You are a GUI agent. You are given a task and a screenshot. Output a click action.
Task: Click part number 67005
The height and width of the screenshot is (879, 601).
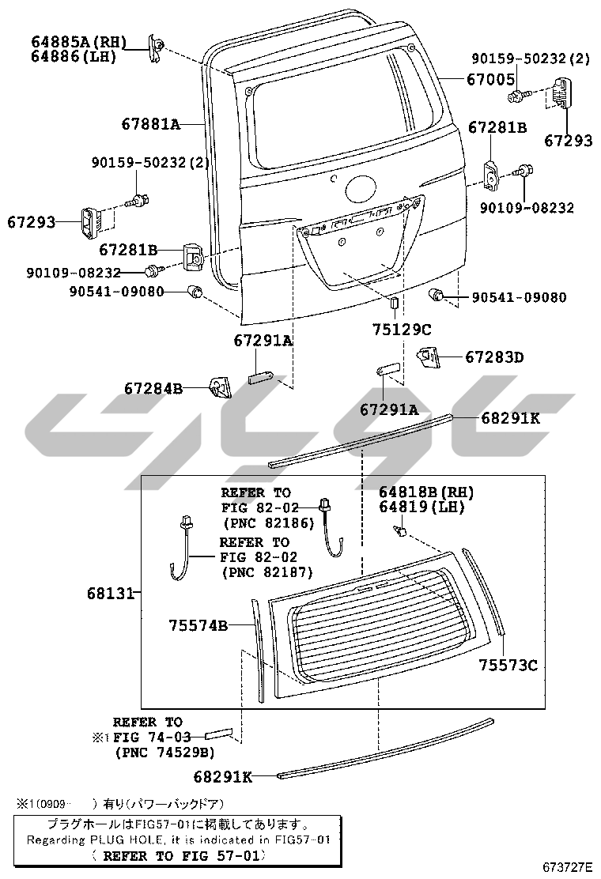[x=490, y=80]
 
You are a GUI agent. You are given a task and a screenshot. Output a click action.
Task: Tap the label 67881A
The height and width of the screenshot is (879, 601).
[x=151, y=124]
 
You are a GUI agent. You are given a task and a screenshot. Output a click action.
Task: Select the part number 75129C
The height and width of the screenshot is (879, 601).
[x=402, y=330]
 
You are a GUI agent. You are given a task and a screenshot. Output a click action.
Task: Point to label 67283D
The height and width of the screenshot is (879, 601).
[x=494, y=357]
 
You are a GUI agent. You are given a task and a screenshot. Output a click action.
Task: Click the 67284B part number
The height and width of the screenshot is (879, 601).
[x=153, y=388]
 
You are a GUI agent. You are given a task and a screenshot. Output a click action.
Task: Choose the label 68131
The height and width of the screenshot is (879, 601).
[x=111, y=593]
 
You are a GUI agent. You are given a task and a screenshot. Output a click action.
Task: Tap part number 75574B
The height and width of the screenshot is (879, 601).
[x=198, y=625]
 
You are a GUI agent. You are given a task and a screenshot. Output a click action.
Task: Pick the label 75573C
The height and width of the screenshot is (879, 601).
[x=508, y=666]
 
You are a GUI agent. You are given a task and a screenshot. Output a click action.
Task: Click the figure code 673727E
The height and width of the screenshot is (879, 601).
[x=567, y=866]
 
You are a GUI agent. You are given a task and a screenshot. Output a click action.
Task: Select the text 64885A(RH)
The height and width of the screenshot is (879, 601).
[x=79, y=42]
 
